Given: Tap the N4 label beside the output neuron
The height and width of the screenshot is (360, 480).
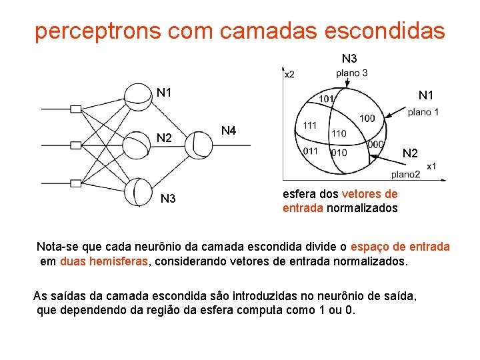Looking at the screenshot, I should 229,131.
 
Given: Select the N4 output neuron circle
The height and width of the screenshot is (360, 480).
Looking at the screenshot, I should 198,145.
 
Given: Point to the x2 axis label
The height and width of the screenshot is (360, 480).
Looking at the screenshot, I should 289,74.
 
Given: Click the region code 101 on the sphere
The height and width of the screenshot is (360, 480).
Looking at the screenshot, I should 326,99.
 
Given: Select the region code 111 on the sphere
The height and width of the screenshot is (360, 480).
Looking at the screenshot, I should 310,125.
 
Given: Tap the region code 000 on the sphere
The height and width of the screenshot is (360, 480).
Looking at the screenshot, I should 375,145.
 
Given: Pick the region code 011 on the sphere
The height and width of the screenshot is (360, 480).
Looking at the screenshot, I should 310,151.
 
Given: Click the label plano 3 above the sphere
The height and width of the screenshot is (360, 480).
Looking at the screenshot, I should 352,73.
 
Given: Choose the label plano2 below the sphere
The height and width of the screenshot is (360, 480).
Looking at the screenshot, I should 405,174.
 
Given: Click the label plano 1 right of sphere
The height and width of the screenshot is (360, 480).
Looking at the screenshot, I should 424,112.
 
